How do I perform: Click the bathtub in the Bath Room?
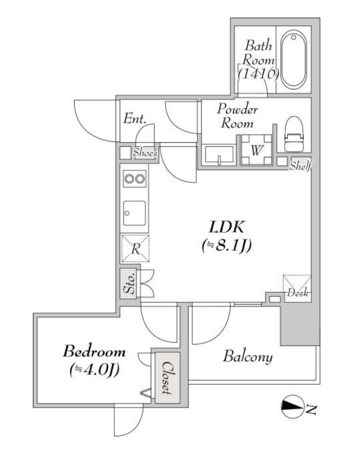293,59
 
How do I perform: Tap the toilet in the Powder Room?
294,134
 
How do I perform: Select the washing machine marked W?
256,149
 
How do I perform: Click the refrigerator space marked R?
135,248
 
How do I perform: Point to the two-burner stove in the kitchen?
135,179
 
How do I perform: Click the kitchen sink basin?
135,213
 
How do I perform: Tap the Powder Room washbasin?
219,155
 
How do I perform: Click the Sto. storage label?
130,284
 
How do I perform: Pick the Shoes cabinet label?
145,153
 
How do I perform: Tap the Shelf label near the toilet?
300,166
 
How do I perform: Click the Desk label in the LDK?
298,293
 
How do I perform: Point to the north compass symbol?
292,406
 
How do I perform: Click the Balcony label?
248,357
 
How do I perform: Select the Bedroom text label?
94,352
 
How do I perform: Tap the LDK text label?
226,228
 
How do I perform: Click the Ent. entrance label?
135,118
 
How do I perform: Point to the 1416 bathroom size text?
259,74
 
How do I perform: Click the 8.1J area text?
226,245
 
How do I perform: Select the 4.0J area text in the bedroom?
95,370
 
